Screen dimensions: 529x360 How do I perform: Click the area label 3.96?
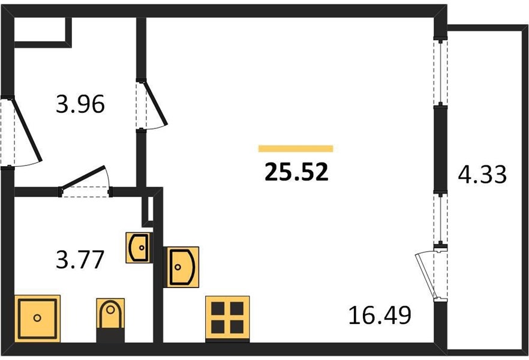click(x=80, y=104)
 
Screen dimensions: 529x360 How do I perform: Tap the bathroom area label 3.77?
click(x=80, y=260)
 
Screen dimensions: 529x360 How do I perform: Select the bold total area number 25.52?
click(x=296, y=172)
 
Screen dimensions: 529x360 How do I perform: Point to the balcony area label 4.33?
click(x=482, y=175)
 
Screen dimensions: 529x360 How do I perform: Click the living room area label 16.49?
click(x=380, y=316)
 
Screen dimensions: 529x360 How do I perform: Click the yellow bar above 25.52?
click(x=296, y=149)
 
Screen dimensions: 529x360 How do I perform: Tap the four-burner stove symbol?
click(x=227, y=319)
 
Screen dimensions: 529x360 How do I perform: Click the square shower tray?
click(x=37, y=319)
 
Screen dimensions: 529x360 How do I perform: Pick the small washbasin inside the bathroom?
click(x=139, y=248)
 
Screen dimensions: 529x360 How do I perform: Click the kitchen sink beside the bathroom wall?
click(x=181, y=267)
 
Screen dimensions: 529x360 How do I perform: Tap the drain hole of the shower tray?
click(x=37, y=318)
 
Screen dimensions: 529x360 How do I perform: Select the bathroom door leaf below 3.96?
click(x=83, y=177)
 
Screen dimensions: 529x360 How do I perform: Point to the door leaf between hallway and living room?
click(x=155, y=103)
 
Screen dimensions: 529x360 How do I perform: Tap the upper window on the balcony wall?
click(x=440, y=73)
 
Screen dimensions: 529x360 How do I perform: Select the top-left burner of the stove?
click(x=218, y=308)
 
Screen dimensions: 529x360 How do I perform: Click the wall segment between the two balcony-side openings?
click(x=440, y=150)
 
